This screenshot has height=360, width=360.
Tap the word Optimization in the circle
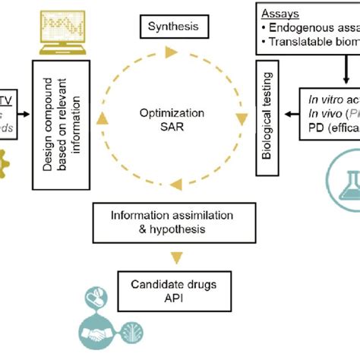pos(175,112)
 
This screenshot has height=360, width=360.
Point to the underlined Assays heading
pos(278,14)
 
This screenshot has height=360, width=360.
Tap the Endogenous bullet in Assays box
pos(311,28)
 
